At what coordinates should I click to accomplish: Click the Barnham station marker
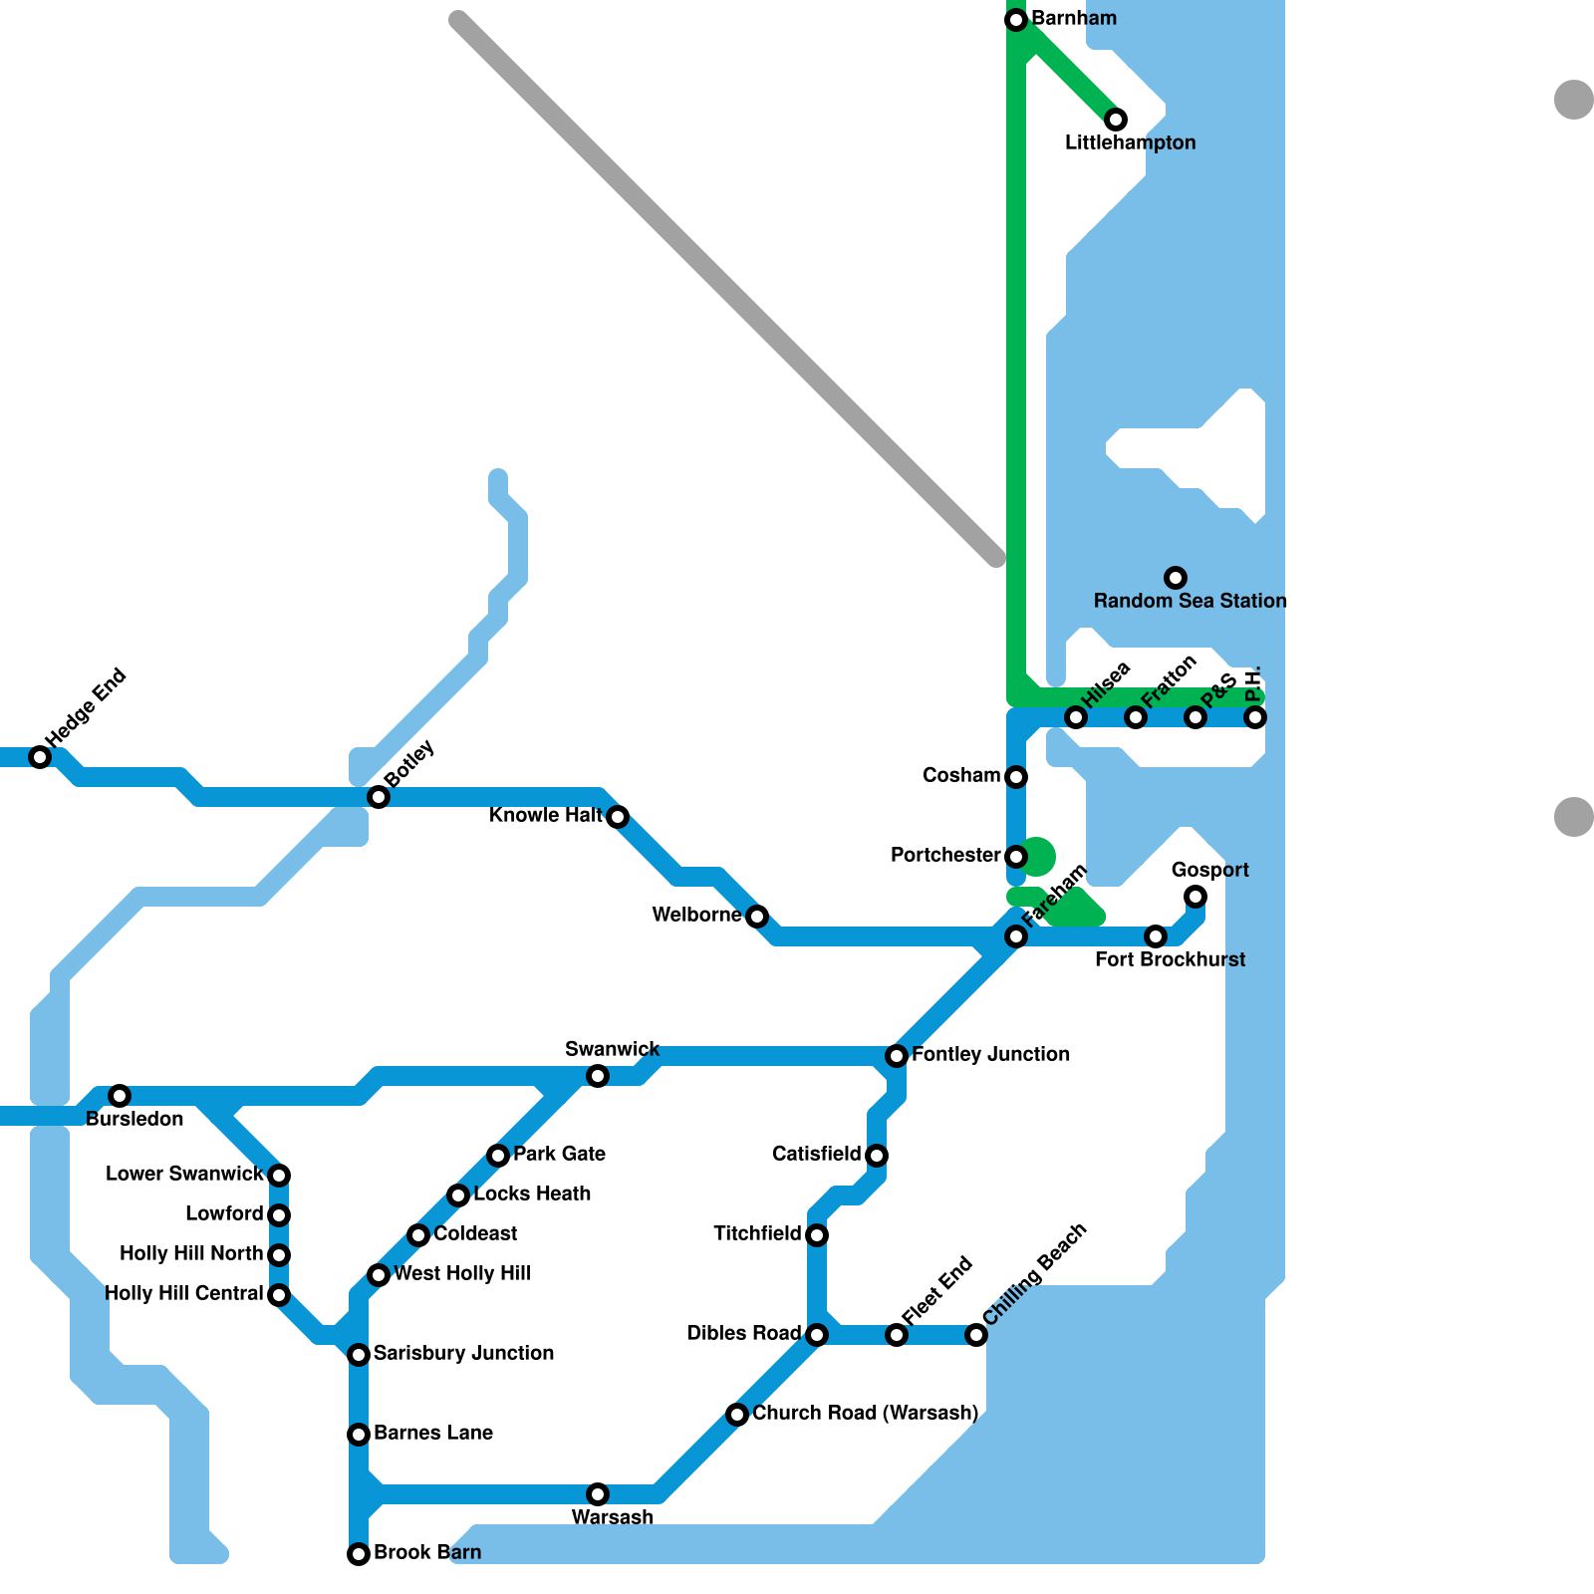coord(1016,20)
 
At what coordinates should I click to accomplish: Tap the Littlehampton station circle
coord(1116,120)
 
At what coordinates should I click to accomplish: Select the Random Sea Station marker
coord(1176,578)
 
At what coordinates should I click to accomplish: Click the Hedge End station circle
coord(40,757)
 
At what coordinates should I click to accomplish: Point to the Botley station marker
coord(379,797)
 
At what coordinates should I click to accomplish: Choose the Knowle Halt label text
coord(545,816)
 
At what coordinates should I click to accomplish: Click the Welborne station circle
coord(757,917)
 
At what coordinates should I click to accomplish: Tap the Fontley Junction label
coord(990,1054)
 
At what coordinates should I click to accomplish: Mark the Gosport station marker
coord(1195,897)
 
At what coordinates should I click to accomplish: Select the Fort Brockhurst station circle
coord(1156,936)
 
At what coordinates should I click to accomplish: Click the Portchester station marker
coord(1016,857)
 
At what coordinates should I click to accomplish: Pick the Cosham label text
coord(961,776)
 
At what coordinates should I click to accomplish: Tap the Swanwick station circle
coord(598,1076)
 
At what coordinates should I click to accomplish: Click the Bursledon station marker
coord(120,1096)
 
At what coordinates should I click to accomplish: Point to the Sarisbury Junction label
coord(463,1353)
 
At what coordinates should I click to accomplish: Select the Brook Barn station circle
coord(359,1554)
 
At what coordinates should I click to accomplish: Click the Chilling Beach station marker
coord(976,1335)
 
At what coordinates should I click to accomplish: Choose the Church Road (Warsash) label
coord(865,1413)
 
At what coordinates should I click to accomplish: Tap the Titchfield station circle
coord(817,1235)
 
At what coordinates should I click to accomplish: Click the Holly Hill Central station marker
coord(279,1295)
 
